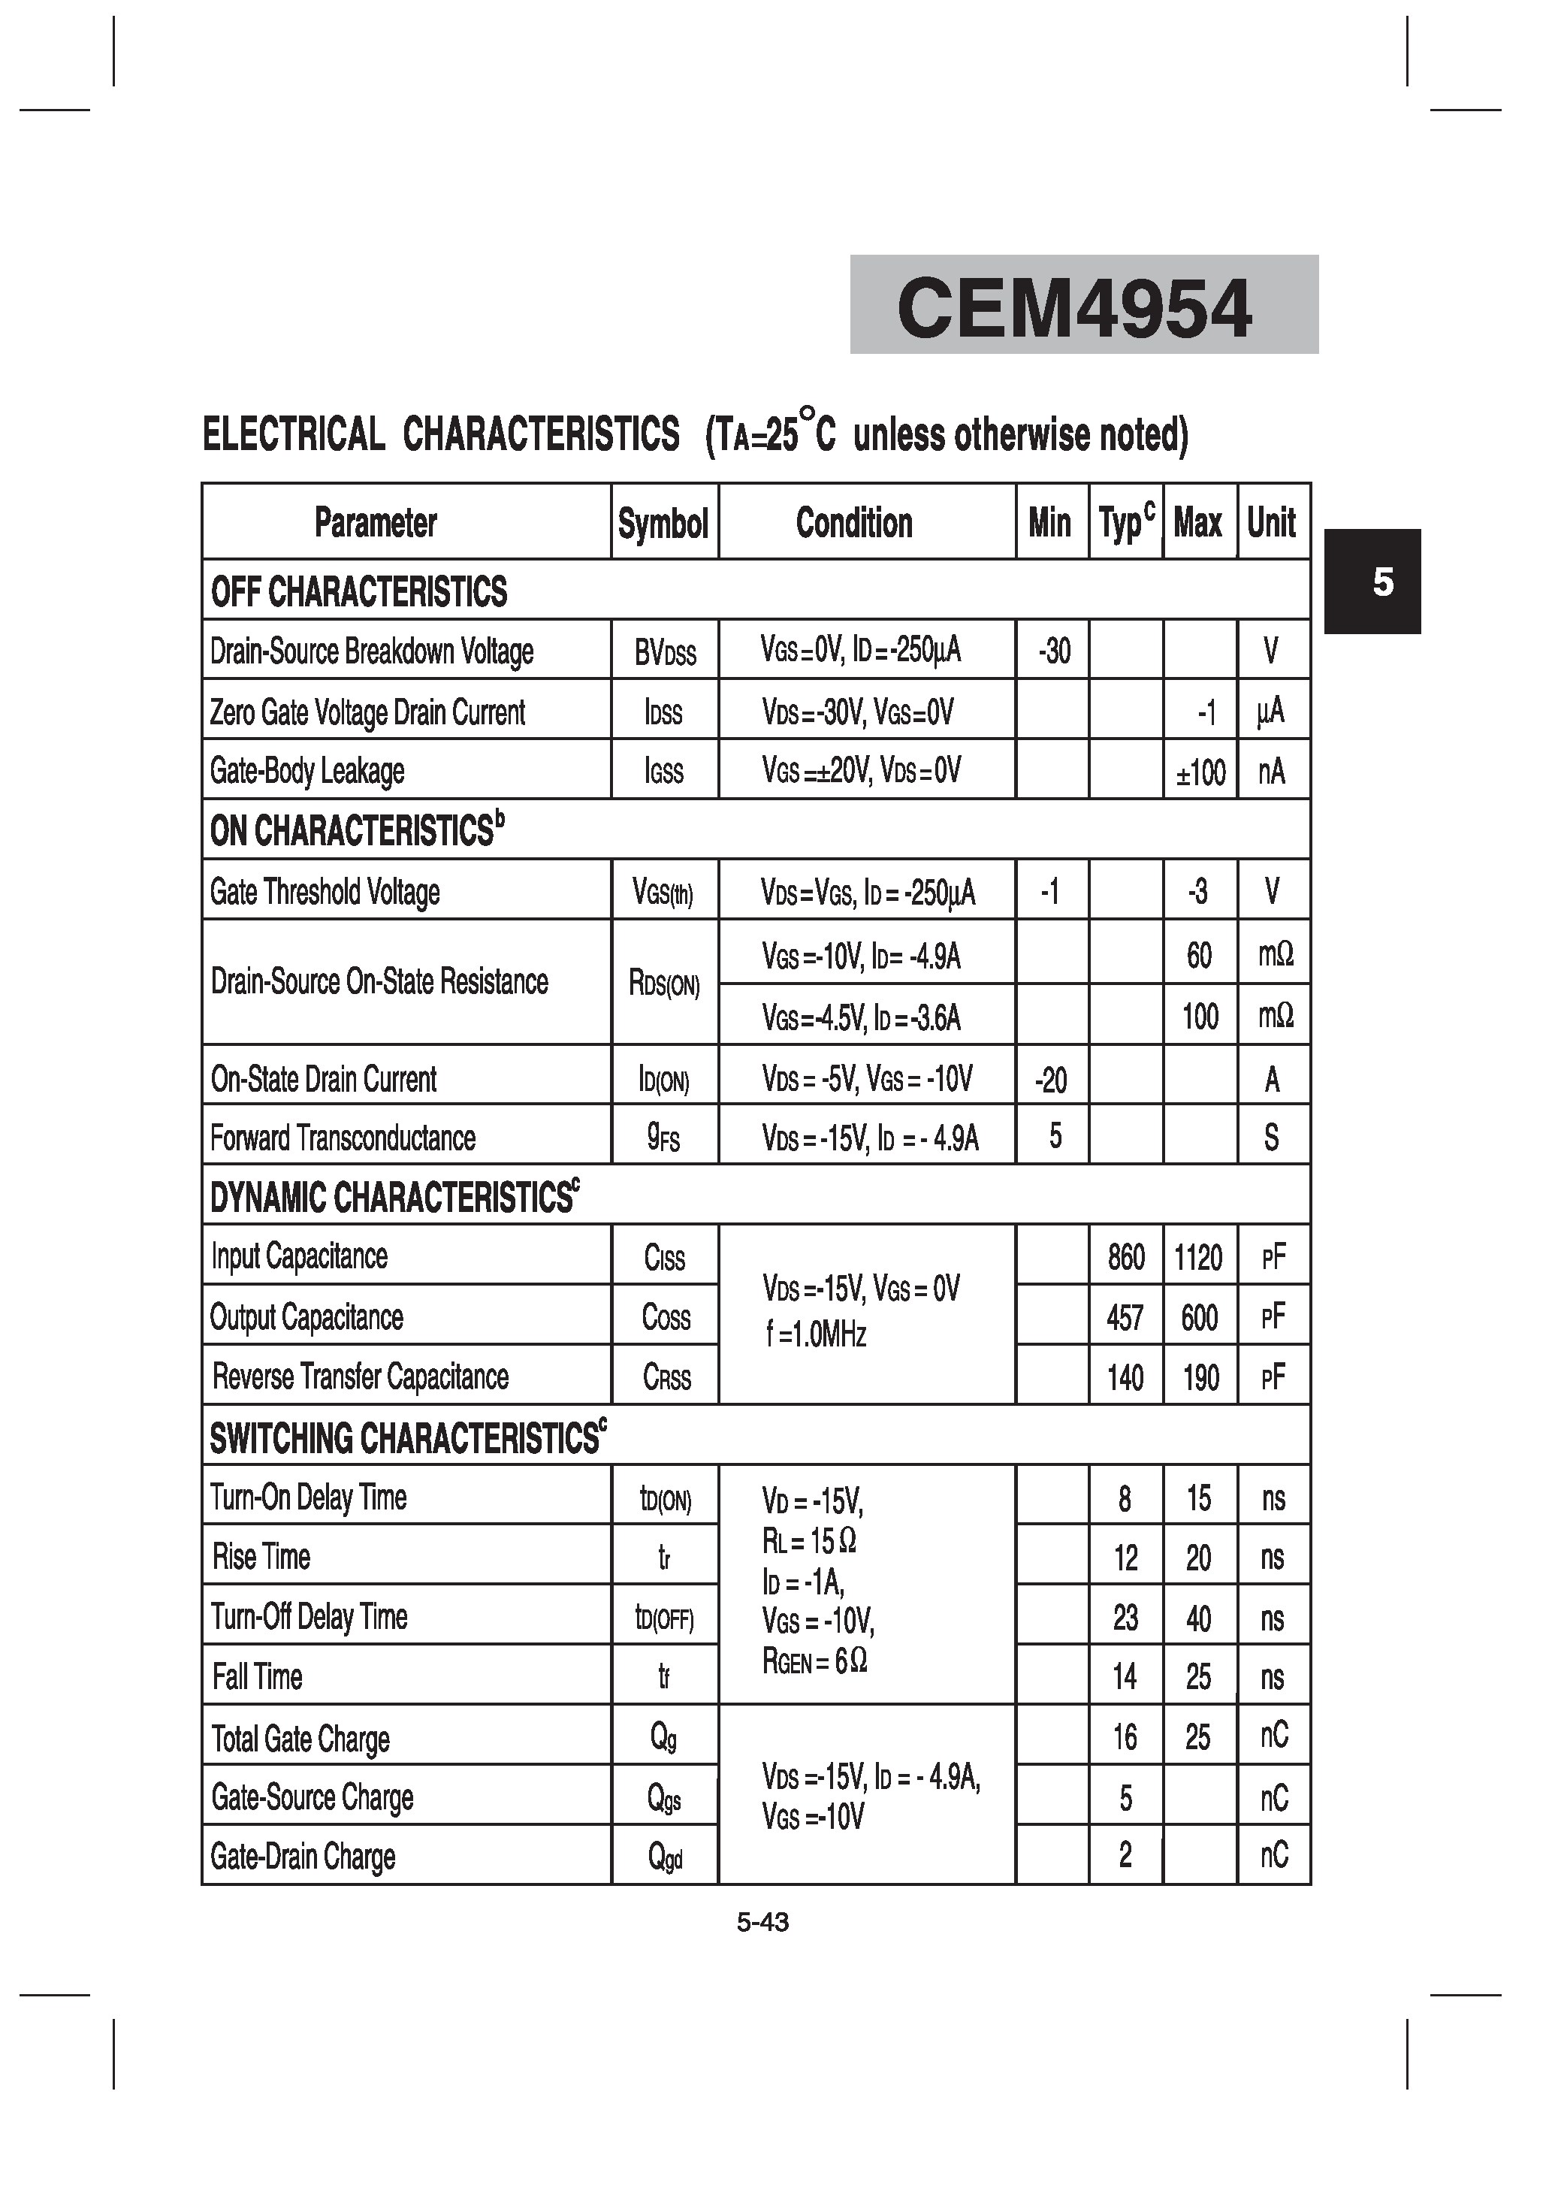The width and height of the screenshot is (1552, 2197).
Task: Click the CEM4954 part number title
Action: [1073, 308]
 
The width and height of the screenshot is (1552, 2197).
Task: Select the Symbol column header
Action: [663, 524]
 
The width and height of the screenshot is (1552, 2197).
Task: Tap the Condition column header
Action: [853, 524]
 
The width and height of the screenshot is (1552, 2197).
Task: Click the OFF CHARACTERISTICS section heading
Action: [359, 591]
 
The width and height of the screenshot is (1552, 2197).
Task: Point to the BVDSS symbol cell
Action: [665, 653]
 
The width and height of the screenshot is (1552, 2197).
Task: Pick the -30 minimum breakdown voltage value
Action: [1053, 651]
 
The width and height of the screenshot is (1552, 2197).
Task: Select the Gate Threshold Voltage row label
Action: [325, 892]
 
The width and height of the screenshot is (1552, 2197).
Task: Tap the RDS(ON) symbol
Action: [664, 983]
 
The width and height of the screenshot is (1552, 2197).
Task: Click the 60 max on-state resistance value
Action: [1199, 955]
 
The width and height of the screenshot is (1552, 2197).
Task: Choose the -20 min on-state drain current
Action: [1051, 1080]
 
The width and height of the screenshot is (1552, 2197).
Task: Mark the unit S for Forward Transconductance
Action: [1271, 1138]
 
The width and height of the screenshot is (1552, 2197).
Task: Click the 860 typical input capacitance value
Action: [1125, 1257]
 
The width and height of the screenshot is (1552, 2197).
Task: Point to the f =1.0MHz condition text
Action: [816, 1334]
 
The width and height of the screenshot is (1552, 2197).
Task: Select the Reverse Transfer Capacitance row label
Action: [360, 1377]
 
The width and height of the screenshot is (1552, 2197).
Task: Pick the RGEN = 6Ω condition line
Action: [814, 1661]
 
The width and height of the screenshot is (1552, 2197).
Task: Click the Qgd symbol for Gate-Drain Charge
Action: [665, 1857]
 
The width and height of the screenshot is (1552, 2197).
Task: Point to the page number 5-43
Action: [762, 1922]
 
